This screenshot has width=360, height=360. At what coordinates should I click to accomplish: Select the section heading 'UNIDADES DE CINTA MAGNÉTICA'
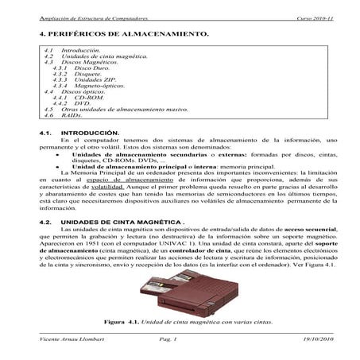point(111,221)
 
